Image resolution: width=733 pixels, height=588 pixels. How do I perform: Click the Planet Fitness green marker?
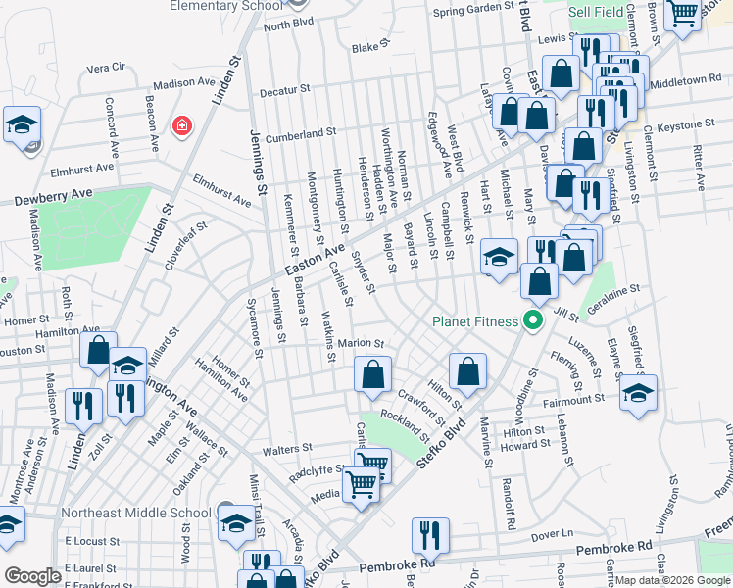[x=534, y=320]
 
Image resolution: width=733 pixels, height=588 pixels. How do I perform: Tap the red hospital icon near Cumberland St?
[x=180, y=125]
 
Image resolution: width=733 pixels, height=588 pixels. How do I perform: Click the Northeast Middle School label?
[x=135, y=513]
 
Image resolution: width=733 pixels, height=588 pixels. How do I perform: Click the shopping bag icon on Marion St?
[x=372, y=373]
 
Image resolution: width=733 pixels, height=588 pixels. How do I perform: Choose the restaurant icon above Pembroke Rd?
[x=429, y=534]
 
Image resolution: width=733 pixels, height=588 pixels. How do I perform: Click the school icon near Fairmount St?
[x=638, y=392]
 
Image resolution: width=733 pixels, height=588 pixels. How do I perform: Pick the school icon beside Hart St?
[x=499, y=258]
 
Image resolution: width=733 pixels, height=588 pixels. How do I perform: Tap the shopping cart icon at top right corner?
[x=682, y=14]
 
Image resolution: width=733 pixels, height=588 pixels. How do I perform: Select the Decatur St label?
[x=285, y=92]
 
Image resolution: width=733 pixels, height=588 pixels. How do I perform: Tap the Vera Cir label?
[x=107, y=68]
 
